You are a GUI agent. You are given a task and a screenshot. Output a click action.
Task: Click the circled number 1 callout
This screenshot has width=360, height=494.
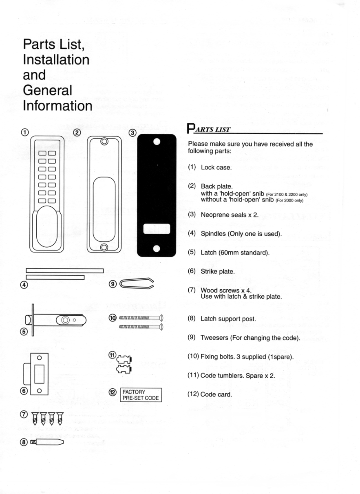tap(25, 132)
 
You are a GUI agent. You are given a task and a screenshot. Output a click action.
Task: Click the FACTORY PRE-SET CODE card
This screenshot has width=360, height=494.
tap(141, 395)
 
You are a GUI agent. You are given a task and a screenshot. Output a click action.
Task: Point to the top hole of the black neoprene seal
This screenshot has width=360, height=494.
tap(157, 142)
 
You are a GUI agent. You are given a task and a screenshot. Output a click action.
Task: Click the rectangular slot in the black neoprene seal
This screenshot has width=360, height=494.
tap(157, 229)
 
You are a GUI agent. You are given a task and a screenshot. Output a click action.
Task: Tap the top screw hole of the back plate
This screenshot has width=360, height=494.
tap(104, 142)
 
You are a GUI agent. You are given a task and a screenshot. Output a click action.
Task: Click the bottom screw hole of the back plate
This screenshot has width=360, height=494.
tap(104, 248)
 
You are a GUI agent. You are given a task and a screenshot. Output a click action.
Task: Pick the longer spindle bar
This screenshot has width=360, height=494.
tap(65, 270)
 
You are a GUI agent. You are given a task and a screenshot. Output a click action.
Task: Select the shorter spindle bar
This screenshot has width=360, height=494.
tap(55, 277)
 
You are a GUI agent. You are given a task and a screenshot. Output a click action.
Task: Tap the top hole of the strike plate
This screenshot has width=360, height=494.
tap(39, 358)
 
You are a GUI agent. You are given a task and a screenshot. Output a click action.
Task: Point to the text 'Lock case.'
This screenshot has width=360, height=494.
tap(216, 168)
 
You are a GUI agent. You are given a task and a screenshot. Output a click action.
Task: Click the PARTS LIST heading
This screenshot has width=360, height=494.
tap(209, 129)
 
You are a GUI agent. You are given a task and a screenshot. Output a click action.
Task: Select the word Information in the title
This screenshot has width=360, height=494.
tap(57, 106)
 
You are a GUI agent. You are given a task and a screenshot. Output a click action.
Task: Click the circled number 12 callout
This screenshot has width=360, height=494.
tap(113, 392)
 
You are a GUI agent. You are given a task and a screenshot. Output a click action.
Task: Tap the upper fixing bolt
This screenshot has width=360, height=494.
tap(141, 318)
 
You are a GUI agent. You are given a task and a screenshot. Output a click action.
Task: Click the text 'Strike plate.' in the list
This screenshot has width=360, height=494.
tap(218, 272)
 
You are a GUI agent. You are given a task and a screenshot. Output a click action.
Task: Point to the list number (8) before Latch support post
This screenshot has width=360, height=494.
tap(192, 319)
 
